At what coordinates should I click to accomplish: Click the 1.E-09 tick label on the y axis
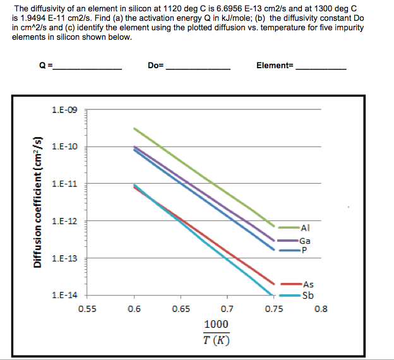click(x=66, y=110)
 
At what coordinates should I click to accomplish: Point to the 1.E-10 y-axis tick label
click(x=66, y=147)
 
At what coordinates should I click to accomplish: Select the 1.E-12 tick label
click(x=66, y=221)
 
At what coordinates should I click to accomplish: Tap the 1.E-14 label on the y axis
click(x=66, y=296)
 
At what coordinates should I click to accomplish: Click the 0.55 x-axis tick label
click(x=87, y=309)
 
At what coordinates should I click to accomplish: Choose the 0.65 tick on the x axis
click(x=181, y=309)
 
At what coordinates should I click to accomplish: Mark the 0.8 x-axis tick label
click(x=321, y=309)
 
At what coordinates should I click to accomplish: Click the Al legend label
click(x=306, y=227)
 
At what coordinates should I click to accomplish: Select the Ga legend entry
click(x=305, y=241)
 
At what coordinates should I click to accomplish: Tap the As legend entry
click(x=307, y=285)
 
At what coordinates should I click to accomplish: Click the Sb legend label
click(x=307, y=295)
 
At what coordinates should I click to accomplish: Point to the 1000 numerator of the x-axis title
click(x=217, y=324)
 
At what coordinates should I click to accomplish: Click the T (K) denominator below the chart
click(x=217, y=340)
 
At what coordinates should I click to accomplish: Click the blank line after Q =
click(x=88, y=68)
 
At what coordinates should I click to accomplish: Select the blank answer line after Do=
click(x=197, y=68)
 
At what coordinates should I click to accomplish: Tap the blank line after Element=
click(x=321, y=68)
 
